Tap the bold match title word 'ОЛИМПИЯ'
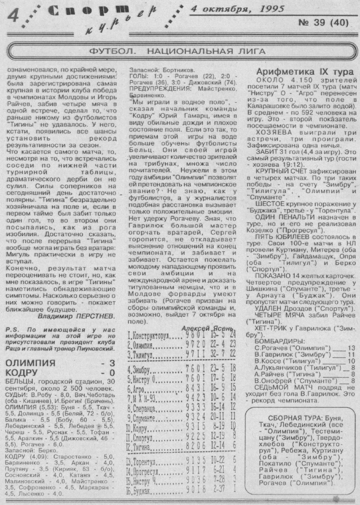(29, 363)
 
